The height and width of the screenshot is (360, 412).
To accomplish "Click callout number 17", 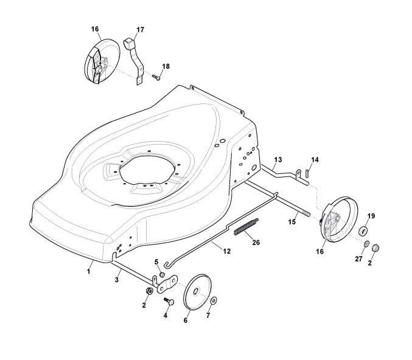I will coord(140,30).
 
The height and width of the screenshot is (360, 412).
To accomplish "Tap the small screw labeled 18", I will coord(155,77).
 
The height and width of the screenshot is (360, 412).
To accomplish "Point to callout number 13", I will coord(278,159).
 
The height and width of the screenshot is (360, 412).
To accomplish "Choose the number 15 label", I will coord(292,222).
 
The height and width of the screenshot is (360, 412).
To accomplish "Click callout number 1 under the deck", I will coord(89,271).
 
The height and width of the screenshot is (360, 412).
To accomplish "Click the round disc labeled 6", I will coord(195,292).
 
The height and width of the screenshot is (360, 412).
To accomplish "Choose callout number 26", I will coord(256,241).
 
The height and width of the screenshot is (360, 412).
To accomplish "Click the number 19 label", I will coord(372,216).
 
